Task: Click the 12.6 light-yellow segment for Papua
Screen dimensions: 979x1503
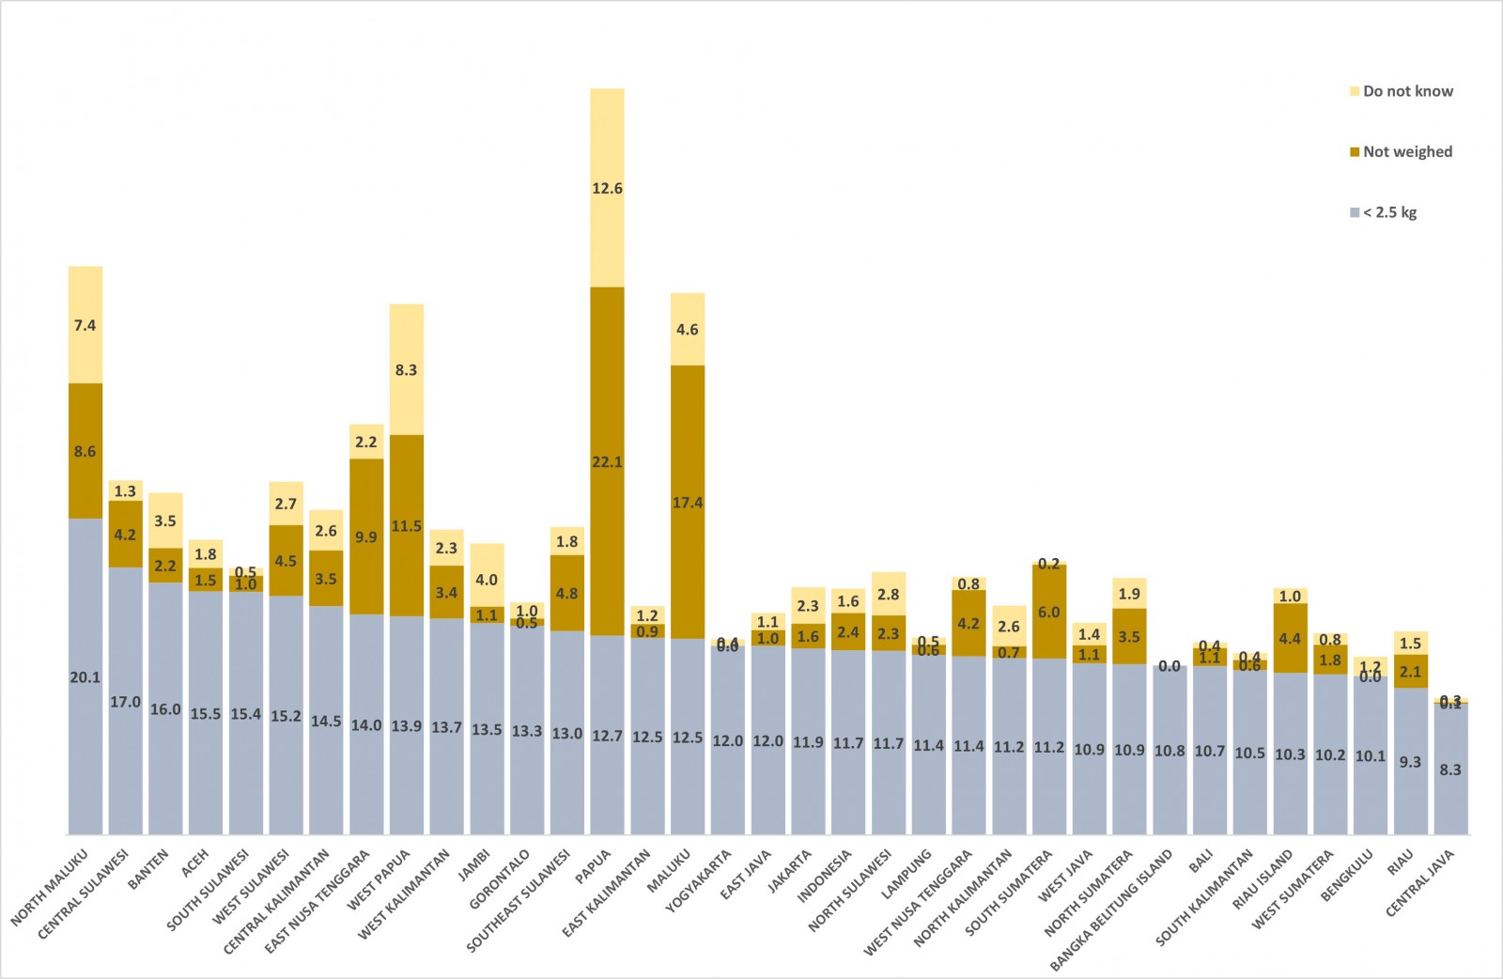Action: [x=607, y=188]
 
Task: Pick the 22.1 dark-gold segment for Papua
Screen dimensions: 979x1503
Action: [x=607, y=461]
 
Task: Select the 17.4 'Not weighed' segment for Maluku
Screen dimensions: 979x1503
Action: [x=688, y=502]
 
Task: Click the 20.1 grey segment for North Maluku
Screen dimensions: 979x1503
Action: [x=85, y=676]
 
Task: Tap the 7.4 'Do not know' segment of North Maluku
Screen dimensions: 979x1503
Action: [x=85, y=325]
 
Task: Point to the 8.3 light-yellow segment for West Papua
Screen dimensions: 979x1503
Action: [x=407, y=369]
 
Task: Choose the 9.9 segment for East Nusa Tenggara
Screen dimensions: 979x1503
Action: [x=366, y=536]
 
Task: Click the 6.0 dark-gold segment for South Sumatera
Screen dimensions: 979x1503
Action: [x=1049, y=612]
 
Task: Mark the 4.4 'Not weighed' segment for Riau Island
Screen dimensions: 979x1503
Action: [x=1290, y=638]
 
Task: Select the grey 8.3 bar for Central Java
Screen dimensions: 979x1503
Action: [x=1450, y=769]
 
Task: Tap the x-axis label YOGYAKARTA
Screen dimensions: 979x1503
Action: [x=699, y=880]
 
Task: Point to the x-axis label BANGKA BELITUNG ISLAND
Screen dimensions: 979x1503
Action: [x=1112, y=909]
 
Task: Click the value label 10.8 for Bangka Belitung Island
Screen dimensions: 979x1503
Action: [x=1170, y=751]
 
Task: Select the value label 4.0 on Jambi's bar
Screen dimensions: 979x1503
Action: [x=487, y=580]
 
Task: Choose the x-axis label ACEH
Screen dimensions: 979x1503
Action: [x=195, y=863]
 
